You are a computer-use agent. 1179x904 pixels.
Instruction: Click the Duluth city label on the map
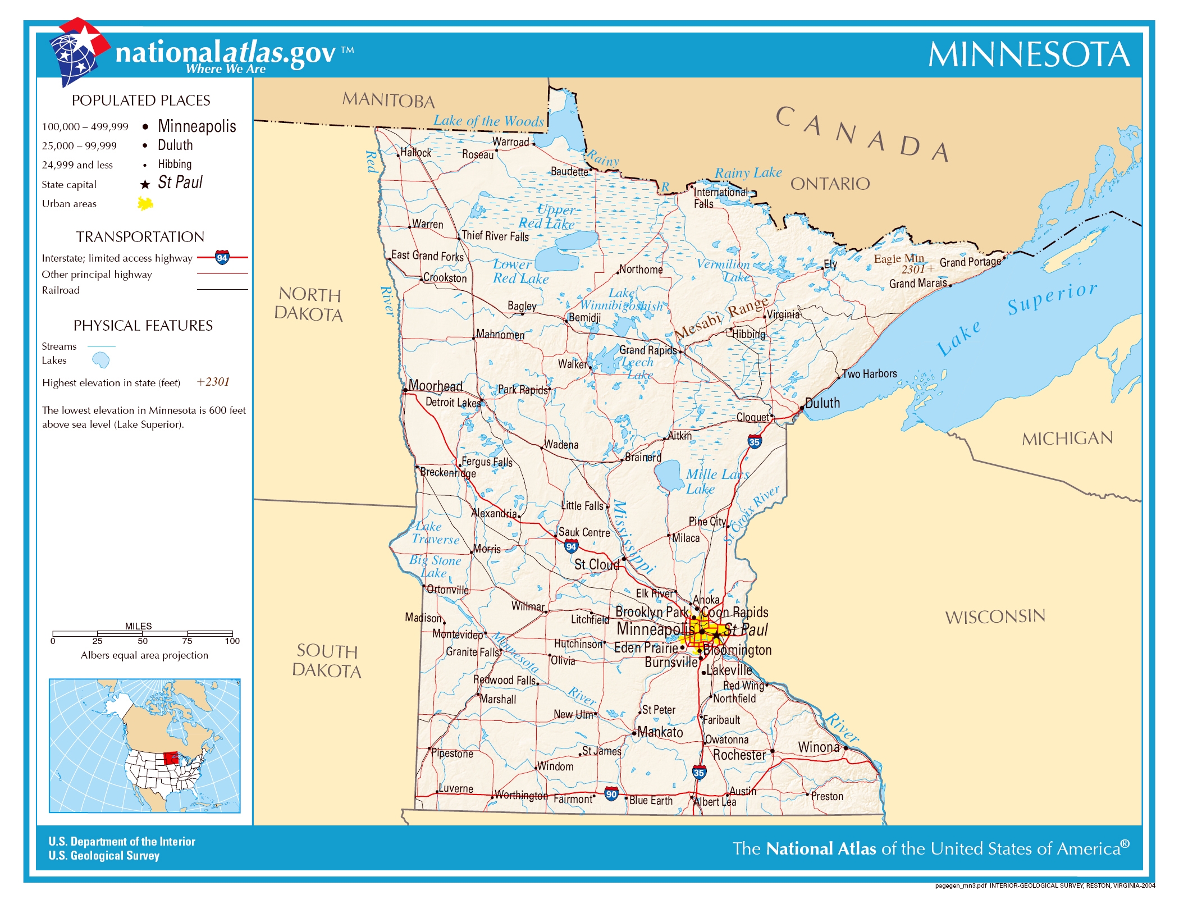822,403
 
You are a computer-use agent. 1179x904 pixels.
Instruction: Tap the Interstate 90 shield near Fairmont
611,794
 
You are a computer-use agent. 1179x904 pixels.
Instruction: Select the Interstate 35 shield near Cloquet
755,442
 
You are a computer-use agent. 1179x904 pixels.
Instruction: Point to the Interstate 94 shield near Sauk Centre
571,546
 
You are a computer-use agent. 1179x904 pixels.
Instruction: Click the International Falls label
720,198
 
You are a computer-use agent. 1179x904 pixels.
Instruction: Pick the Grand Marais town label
917,284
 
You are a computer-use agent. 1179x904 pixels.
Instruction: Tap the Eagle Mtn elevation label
898,259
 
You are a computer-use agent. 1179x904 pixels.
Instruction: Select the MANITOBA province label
389,101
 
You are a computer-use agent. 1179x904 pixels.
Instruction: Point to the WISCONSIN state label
995,617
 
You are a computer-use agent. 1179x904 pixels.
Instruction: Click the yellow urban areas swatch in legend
145,203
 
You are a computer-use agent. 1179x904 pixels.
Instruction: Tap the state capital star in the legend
145,185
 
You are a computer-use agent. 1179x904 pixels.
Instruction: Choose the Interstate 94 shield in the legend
222,258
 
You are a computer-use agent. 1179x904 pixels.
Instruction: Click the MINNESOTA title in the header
1029,55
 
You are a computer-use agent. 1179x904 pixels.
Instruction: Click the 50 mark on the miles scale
143,641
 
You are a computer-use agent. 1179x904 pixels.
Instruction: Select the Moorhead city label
435,386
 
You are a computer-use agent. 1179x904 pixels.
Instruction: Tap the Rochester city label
739,755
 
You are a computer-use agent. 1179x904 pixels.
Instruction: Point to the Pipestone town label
452,754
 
